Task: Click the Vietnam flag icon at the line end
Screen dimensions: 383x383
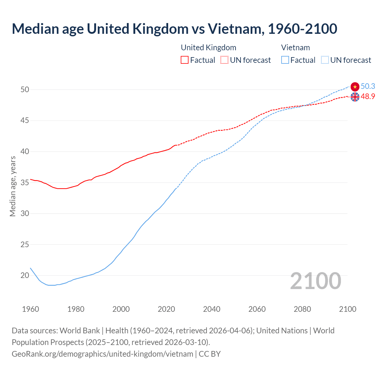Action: click(x=355, y=87)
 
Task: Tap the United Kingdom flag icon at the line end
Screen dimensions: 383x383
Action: click(x=355, y=97)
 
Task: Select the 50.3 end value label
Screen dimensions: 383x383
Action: click(x=368, y=86)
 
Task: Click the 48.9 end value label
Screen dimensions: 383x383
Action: click(x=368, y=97)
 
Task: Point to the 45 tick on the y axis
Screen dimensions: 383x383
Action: click(x=25, y=121)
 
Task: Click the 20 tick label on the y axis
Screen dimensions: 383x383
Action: click(x=25, y=275)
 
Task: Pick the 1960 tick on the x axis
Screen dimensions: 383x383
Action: click(x=31, y=309)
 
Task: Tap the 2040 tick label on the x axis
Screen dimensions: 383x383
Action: click(x=212, y=309)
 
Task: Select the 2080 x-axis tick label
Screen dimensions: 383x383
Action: click(x=302, y=309)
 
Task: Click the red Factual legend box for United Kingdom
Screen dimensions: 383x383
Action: click(x=185, y=60)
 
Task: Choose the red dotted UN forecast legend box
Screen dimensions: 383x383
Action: click(x=224, y=60)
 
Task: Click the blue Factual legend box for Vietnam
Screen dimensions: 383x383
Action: click(x=285, y=60)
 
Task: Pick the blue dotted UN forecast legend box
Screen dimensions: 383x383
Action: click(x=325, y=60)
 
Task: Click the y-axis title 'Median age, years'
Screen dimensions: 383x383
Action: click(x=13, y=186)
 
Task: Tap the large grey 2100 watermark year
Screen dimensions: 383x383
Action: click(x=315, y=281)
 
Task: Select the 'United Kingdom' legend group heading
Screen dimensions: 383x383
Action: click(x=209, y=48)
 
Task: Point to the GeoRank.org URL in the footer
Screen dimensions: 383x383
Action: click(x=102, y=354)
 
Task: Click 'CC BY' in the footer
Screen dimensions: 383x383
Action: click(x=209, y=354)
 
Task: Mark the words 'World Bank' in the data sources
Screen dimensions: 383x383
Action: click(x=80, y=331)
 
